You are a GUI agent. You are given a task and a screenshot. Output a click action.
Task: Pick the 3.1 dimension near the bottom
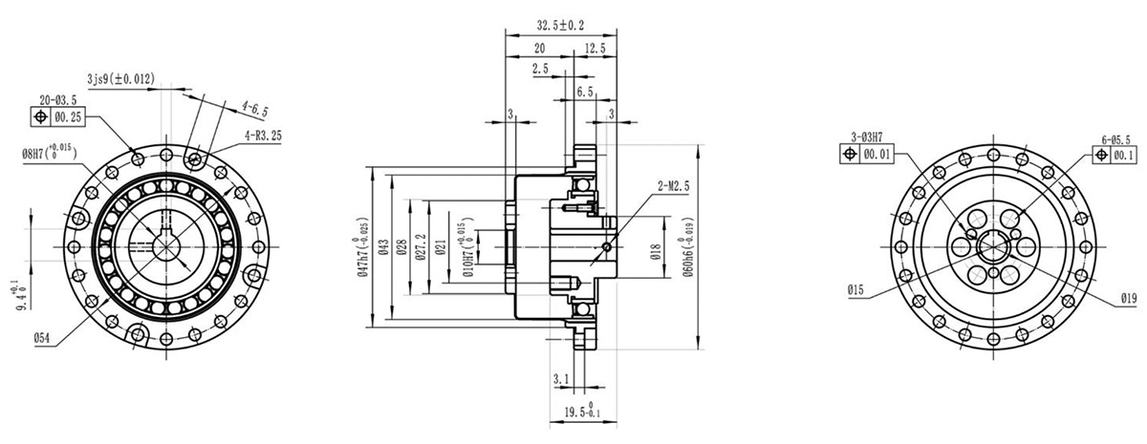(561, 379)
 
